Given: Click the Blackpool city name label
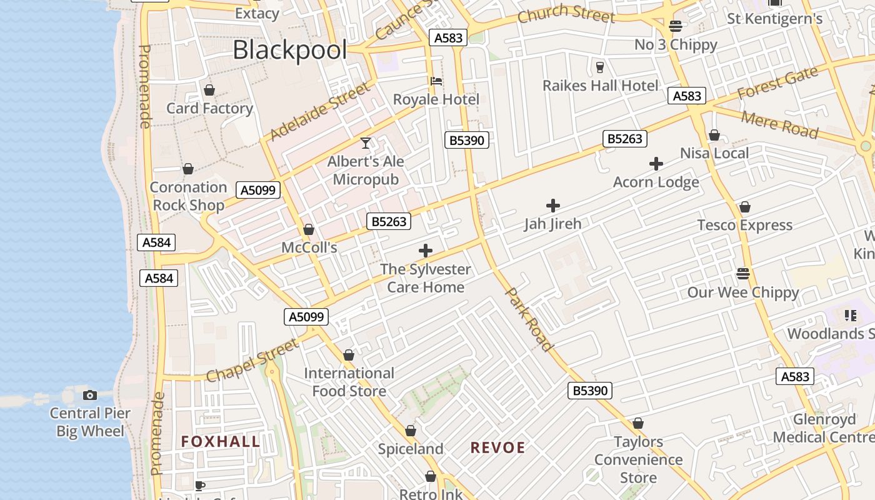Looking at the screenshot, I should click(x=289, y=50).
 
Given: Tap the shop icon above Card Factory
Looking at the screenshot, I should click(x=209, y=90).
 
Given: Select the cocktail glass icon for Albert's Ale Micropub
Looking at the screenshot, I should click(x=366, y=143).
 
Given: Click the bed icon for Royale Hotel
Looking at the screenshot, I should click(x=436, y=81).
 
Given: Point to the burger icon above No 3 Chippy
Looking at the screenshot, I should click(x=675, y=26).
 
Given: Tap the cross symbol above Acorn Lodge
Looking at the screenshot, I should click(x=656, y=164).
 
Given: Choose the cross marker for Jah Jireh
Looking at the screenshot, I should click(x=552, y=205).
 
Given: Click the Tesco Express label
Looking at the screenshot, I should click(x=744, y=225).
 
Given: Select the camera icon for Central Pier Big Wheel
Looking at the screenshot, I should click(x=90, y=395).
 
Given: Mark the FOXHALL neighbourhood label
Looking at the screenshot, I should click(x=221, y=442).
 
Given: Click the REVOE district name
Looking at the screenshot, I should click(x=497, y=447).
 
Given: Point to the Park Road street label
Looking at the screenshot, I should click(x=529, y=319).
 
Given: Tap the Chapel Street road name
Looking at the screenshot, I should click(x=252, y=361).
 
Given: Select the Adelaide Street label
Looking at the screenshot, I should click(x=320, y=112).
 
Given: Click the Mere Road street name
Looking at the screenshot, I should click(x=779, y=124).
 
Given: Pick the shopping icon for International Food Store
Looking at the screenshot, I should click(x=349, y=355).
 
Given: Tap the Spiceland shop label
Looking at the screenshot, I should click(x=411, y=449).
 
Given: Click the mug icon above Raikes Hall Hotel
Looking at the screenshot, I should click(x=600, y=67).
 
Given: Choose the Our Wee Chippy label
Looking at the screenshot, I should click(x=742, y=292).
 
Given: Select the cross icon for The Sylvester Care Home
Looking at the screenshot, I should click(x=426, y=251).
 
